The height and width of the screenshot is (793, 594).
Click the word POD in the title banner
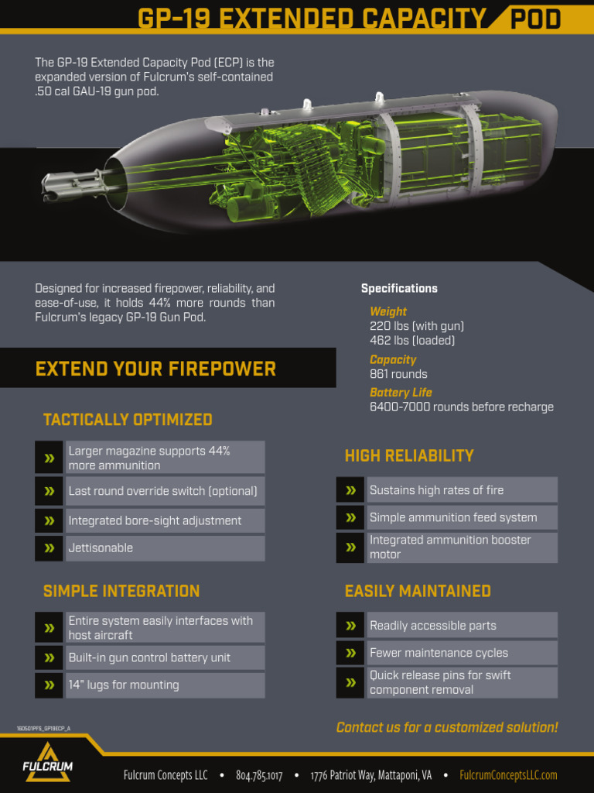[534, 19]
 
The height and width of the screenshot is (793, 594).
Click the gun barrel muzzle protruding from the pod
[54, 187]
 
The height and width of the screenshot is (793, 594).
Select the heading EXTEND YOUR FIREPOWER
[155, 369]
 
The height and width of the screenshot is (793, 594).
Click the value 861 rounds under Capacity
[398, 374]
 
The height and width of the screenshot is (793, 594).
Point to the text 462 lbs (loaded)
[412, 340]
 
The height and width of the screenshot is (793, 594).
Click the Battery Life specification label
[401, 393]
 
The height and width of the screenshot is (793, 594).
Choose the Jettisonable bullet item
[101, 548]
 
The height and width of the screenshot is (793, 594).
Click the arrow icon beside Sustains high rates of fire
[350, 490]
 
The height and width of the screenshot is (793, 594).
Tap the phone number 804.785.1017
[259, 775]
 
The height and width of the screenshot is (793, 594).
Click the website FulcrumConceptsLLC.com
[508, 775]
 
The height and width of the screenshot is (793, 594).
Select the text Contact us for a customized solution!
[447, 727]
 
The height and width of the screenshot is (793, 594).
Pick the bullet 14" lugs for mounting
[124, 685]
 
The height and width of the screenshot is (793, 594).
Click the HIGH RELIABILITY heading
[409, 456]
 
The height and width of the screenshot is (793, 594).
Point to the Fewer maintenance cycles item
[439, 653]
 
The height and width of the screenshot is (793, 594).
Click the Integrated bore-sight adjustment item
[155, 520]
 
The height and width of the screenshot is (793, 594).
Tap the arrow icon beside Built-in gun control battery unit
[49, 657]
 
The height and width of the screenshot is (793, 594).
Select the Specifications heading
[399, 289]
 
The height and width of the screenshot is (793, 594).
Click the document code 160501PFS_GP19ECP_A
[43, 729]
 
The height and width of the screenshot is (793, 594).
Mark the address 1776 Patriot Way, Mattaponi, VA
[371, 775]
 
